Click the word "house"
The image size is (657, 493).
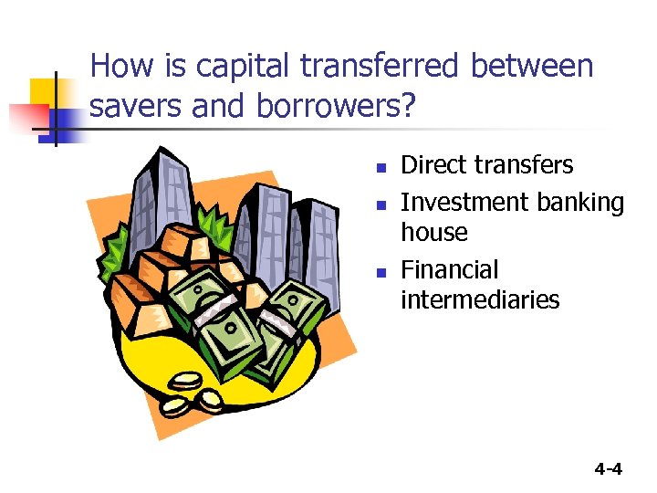coord(434,233)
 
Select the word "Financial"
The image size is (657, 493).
coord(450,270)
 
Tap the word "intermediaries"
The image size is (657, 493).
coord(480,299)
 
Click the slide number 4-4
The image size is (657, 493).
coord(608,469)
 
